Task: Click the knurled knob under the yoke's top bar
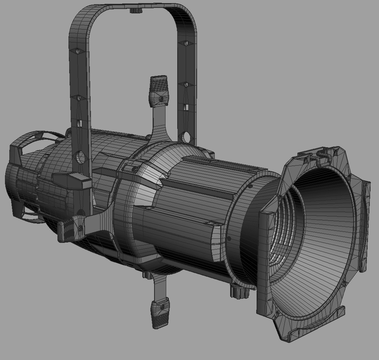click(x=136, y=11)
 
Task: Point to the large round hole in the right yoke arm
click(x=186, y=137)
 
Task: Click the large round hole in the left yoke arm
click(x=80, y=157)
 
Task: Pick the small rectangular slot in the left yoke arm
click(x=79, y=123)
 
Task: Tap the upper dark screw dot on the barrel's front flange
click(x=250, y=186)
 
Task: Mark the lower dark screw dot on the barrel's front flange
click(x=229, y=239)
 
